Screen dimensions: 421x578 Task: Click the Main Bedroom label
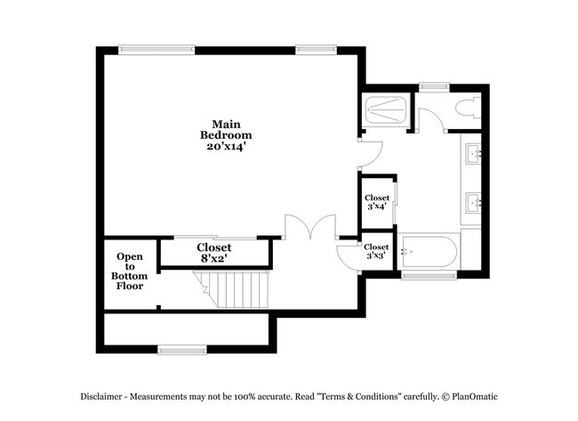tap(221, 134)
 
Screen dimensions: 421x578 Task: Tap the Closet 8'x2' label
tap(213, 253)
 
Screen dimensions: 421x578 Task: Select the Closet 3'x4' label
tap(376, 202)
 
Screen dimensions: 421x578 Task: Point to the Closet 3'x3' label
tap(376, 251)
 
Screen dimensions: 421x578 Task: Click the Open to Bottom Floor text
tap(130, 271)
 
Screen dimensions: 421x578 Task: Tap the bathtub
tap(429, 254)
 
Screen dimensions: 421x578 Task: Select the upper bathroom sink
tap(473, 154)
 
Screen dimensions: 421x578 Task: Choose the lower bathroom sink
tap(473, 202)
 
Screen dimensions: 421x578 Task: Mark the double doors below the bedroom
tap(309, 227)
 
